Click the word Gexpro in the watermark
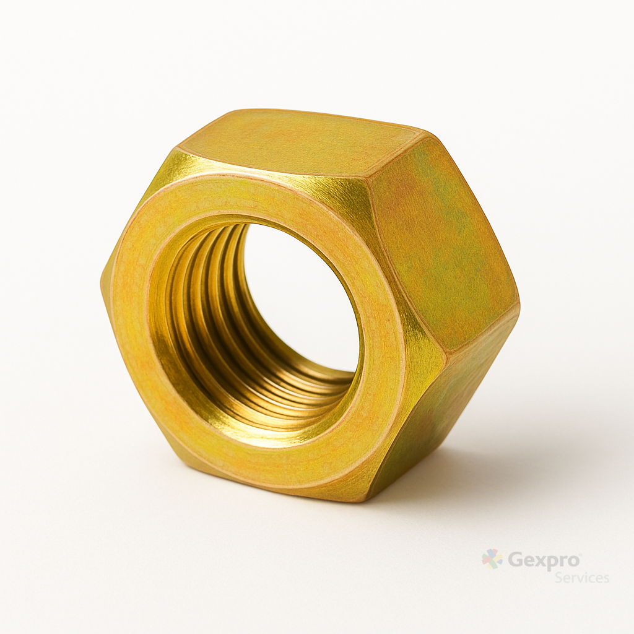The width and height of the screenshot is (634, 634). pos(544,561)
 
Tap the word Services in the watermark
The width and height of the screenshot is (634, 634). pos(582,578)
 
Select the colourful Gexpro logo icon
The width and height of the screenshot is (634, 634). pos(492,559)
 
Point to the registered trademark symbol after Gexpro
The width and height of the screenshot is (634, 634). pos(580,554)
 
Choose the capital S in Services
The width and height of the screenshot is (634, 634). pos(559,578)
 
